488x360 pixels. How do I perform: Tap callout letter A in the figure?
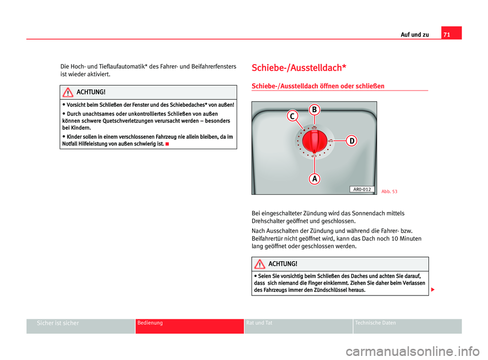point(315,178)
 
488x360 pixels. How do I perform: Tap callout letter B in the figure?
point(314,109)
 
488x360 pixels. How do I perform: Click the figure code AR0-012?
point(362,189)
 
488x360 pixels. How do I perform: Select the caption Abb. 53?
point(389,191)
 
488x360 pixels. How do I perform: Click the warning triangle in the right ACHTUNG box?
point(259,264)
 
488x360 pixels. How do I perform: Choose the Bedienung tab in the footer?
point(149,323)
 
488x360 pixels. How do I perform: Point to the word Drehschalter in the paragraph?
point(269,221)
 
